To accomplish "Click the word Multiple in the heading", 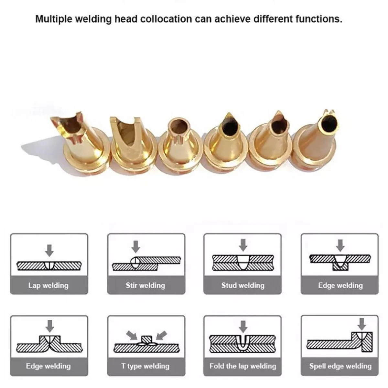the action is pyautogui.click(x=53, y=19).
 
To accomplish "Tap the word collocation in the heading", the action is pyautogui.click(x=166, y=19).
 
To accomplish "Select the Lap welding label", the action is pyautogui.click(x=48, y=286).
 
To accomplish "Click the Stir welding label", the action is pyautogui.click(x=145, y=286).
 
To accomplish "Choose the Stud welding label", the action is pyautogui.click(x=242, y=286).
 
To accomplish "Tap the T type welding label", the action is pyautogui.click(x=145, y=366).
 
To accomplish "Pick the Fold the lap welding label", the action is pyautogui.click(x=242, y=366).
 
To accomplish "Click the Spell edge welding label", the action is pyautogui.click(x=340, y=366).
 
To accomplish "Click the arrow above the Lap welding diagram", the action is pyautogui.click(x=49, y=250).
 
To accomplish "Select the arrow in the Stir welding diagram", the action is pyautogui.click(x=135, y=247).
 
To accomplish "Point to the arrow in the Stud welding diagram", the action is pyautogui.click(x=243, y=245).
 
